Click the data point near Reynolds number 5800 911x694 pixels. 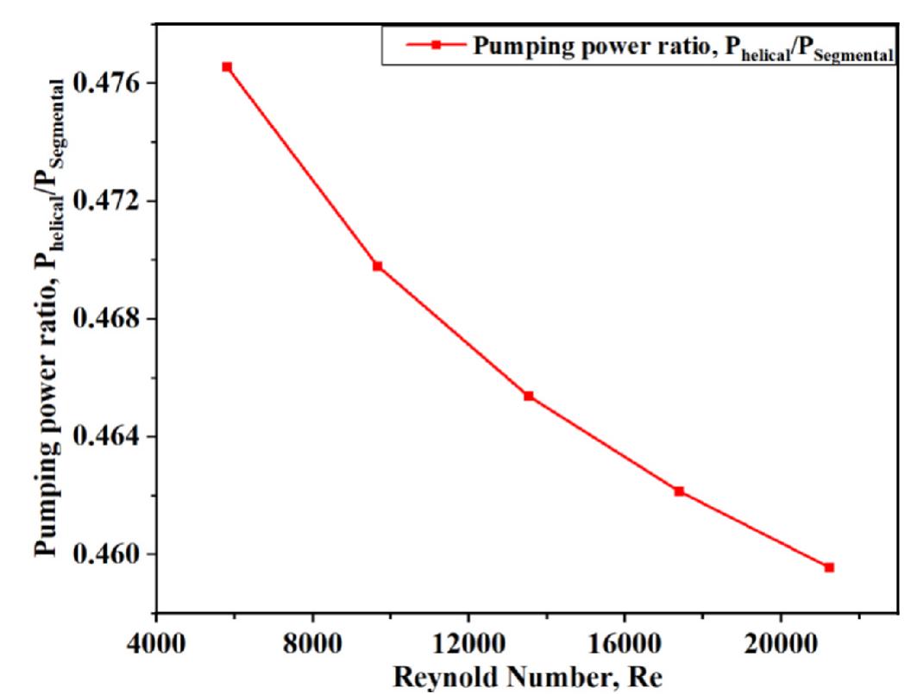click(227, 66)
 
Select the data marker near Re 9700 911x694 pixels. click(378, 266)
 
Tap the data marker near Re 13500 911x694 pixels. click(529, 396)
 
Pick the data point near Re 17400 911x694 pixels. click(679, 491)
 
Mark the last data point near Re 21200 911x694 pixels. click(829, 567)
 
